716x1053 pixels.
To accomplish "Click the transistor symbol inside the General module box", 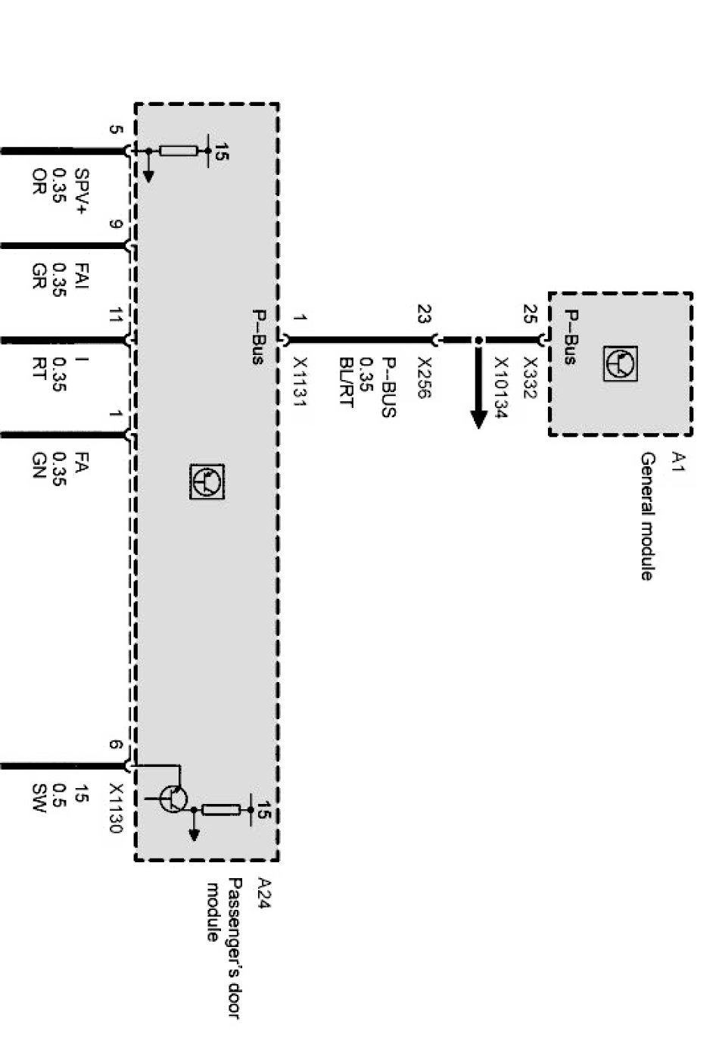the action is tap(621, 363).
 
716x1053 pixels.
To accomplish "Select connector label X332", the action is tap(531, 378).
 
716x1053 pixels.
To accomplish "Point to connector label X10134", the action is tap(501, 388).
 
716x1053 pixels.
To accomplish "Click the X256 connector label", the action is tap(425, 378).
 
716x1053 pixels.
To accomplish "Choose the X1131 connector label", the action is tap(300, 382).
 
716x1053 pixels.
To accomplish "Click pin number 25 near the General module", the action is tap(531, 314).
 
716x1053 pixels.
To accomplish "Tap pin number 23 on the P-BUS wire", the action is tap(425, 314).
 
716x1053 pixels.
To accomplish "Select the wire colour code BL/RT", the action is tap(346, 382).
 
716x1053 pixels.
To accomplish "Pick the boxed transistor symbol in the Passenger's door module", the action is tap(207, 481).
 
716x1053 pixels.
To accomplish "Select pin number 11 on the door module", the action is tap(116, 314).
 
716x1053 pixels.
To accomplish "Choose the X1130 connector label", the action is tap(116, 808).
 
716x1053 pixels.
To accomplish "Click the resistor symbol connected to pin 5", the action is tap(178, 151).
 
